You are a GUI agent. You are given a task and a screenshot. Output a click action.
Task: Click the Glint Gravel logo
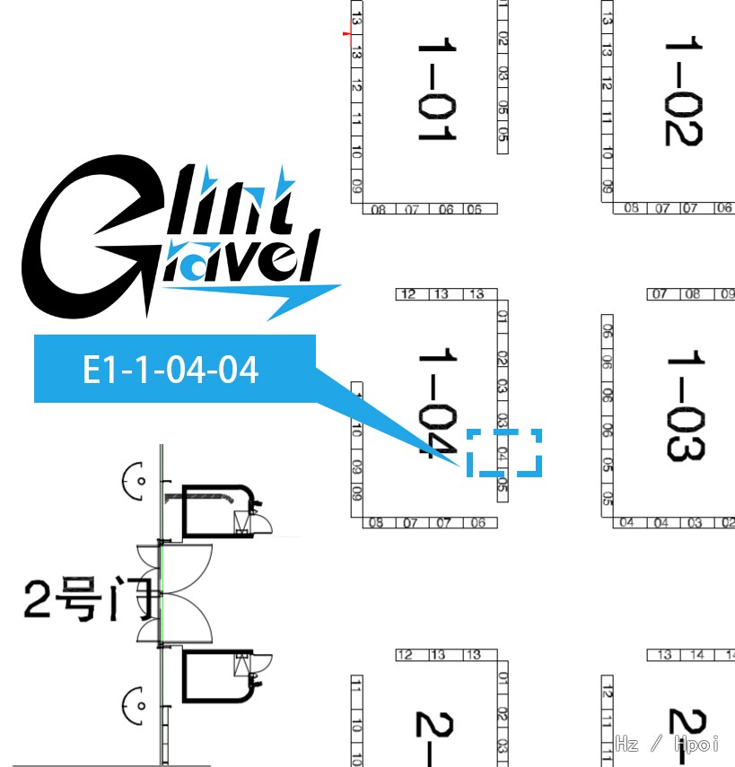pyautogui.click(x=171, y=238)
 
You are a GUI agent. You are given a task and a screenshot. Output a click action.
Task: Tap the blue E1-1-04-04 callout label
pyautogui.click(x=171, y=369)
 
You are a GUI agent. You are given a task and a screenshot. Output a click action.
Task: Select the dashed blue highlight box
pyautogui.click(x=504, y=452)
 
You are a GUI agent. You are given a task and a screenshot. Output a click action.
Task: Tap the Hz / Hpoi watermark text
pyautogui.click(x=668, y=743)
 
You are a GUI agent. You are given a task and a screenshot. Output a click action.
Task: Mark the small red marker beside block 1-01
pyautogui.click(x=347, y=35)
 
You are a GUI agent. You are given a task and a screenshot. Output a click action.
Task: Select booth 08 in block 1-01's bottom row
pyautogui.click(x=379, y=209)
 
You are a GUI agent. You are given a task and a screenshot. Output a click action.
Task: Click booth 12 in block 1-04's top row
pyautogui.click(x=408, y=294)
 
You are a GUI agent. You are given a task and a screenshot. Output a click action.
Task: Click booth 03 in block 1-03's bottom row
pyautogui.click(x=695, y=523)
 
